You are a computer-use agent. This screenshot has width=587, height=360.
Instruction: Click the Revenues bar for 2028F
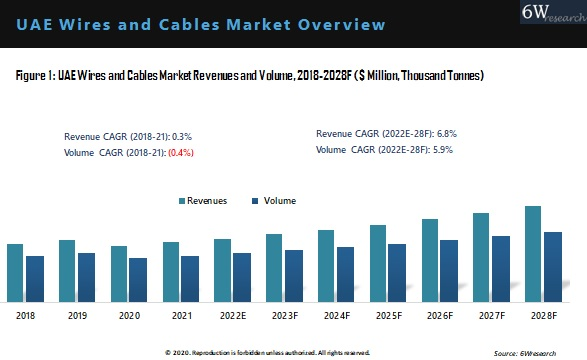[532, 254]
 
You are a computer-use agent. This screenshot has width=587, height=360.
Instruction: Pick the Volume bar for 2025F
[397, 273]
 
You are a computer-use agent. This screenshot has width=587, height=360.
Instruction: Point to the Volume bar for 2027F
[501, 269]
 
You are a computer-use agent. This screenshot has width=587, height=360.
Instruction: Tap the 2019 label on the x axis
[77, 316]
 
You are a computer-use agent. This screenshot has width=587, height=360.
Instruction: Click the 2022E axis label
[233, 316]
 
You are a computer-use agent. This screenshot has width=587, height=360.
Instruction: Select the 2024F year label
[336, 316]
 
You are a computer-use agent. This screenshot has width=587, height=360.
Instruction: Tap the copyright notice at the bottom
[267, 353]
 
